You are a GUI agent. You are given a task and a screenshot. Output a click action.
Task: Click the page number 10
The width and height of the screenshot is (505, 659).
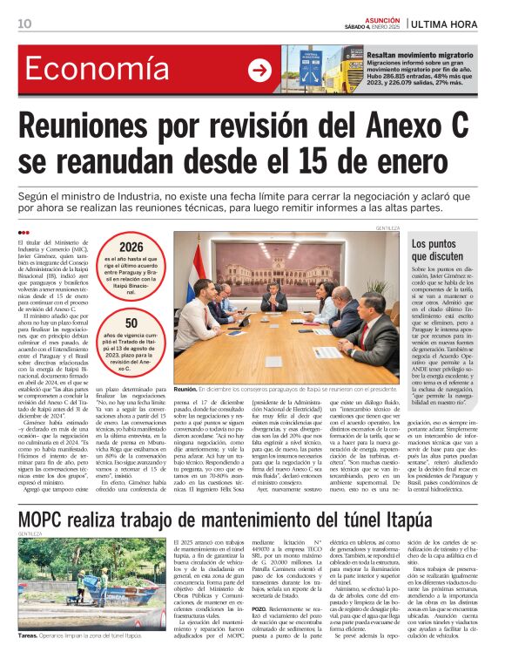click(x=25, y=23)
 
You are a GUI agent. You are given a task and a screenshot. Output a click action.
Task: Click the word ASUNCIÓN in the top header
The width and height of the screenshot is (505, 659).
click(x=381, y=17)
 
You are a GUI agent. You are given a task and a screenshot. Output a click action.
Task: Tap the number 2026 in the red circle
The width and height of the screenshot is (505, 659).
click(x=131, y=248)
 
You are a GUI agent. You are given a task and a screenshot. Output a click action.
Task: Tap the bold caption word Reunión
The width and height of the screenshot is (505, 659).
click(x=185, y=391)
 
